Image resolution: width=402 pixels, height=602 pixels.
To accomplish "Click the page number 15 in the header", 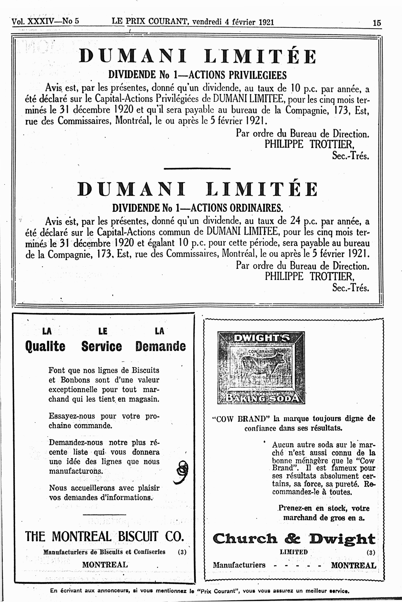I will click(x=377, y=23).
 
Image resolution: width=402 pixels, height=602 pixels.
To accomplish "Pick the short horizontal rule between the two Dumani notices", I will click(x=197, y=169).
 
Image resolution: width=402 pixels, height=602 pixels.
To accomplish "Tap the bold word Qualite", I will click(x=45, y=346).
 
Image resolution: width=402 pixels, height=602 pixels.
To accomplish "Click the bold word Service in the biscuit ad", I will click(x=102, y=346).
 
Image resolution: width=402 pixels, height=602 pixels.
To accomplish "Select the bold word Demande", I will click(x=161, y=346).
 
